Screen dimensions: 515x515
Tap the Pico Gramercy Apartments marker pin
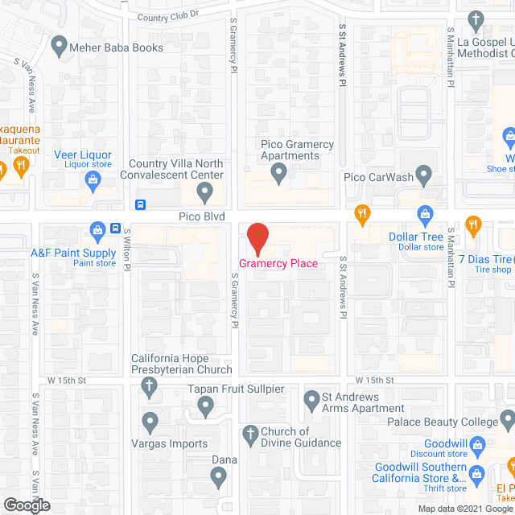(x=278, y=171)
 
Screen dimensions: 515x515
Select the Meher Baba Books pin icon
(x=58, y=47)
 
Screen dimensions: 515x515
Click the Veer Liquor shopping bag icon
(x=93, y=182)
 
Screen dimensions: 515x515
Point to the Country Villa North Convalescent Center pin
(x=204, y=192)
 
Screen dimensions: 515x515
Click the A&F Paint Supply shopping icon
(x=97, y=232)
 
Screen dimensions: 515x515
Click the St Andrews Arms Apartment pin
(x=312, y=399)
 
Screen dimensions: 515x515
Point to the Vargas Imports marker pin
(x=149, y=420)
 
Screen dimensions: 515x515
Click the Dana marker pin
(x=218, y=478)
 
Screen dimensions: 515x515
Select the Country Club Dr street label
(x=167, y=17)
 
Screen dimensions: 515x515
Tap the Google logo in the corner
(x=26, y=505)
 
